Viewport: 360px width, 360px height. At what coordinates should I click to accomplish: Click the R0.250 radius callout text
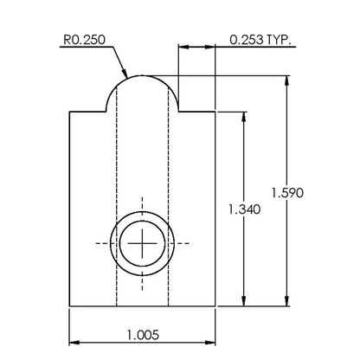(x=84, y=40)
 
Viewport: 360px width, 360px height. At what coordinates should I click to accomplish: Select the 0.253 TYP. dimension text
(x=260, y=40)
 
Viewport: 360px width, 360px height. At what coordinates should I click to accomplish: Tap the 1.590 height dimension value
(x=287, y=193)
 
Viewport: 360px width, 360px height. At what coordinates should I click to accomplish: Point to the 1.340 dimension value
(x=244, y=209)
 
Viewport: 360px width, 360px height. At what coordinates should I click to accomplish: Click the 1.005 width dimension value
(x=143, y=335)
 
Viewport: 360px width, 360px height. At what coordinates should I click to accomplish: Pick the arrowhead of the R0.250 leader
(x=125, y=74)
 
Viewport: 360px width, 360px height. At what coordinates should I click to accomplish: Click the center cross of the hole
(x=142, y=243)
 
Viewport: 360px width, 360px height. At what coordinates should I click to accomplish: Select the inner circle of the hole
(x=142, y=221)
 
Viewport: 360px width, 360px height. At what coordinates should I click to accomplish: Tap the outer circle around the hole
(x=142, y=212)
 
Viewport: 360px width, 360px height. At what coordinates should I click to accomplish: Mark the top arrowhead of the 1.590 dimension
(x=286, y=80)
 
